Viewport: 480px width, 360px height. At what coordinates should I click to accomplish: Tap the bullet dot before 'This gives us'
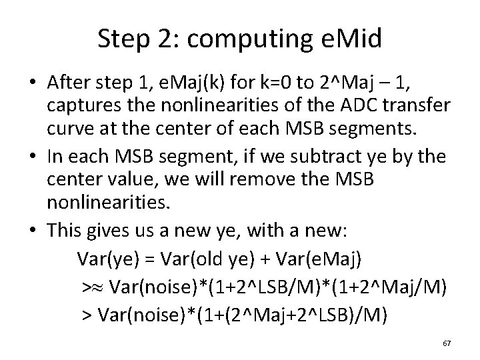[33, 230]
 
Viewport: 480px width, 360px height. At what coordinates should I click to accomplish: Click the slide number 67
[447, 343]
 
